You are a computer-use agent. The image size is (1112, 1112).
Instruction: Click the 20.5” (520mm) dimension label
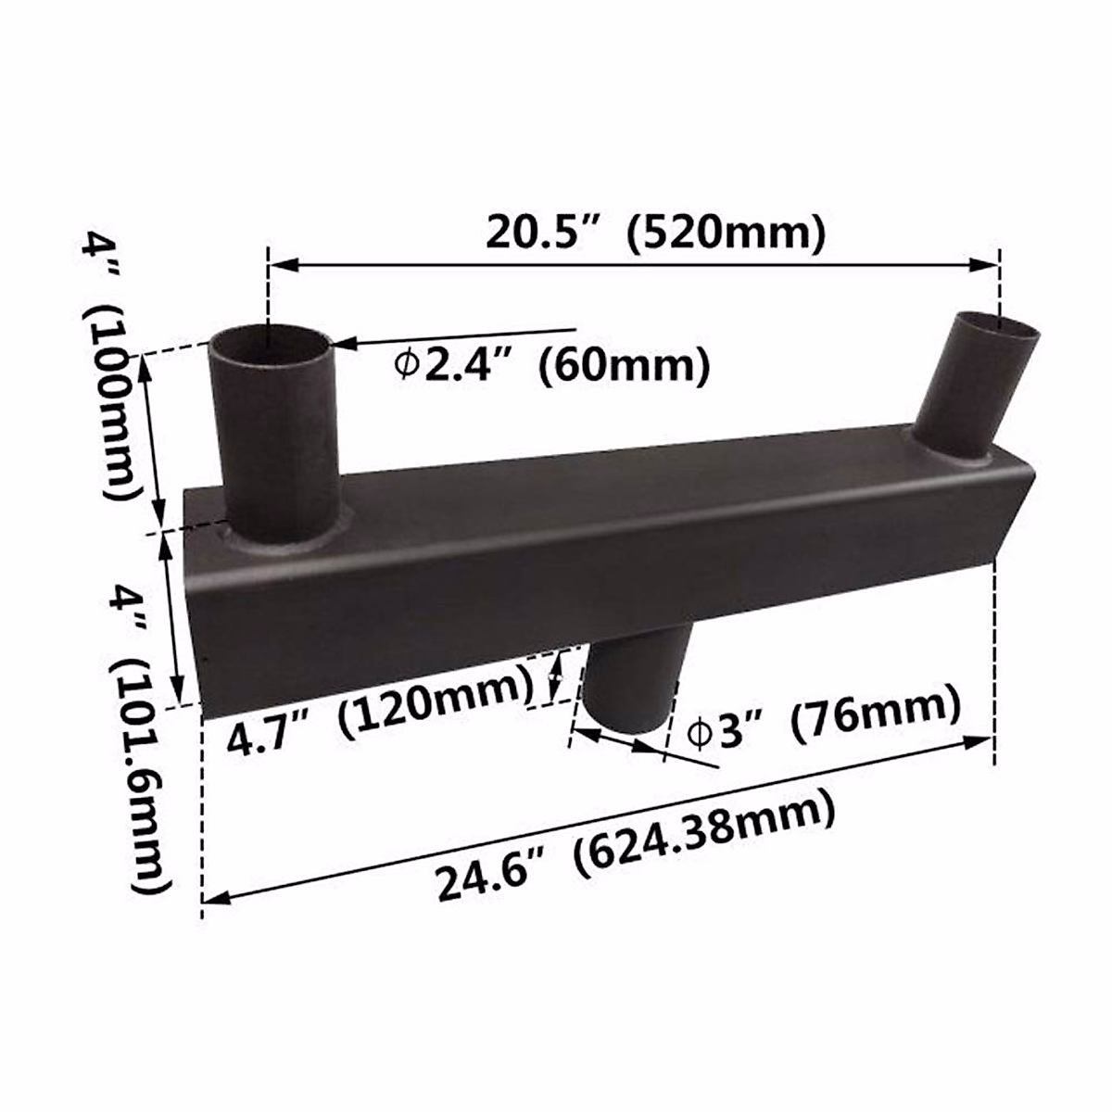(x=656, y=234)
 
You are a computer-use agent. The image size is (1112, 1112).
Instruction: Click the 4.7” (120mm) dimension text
(x=381, y=714)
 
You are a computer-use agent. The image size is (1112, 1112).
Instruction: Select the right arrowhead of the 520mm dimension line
(x=986, y=265)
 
